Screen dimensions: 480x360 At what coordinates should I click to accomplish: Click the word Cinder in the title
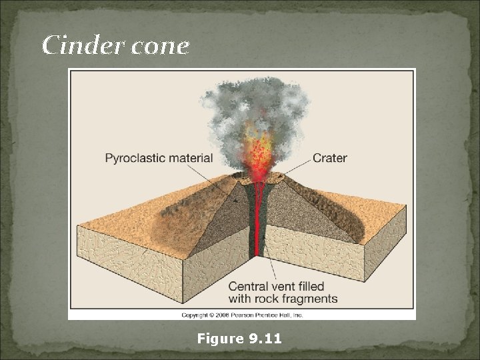tap(73, 45)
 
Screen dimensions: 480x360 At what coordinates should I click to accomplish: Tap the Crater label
tap(329, 158)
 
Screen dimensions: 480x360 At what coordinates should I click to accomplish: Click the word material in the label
tap(191, 158)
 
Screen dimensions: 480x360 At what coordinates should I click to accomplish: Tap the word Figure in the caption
tap(221, 339)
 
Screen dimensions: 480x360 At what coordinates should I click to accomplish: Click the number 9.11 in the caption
tap(265, 339)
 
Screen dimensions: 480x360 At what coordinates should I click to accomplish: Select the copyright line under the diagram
tap(241, 314)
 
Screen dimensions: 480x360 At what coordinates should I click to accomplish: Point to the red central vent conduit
tap(257, 220)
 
